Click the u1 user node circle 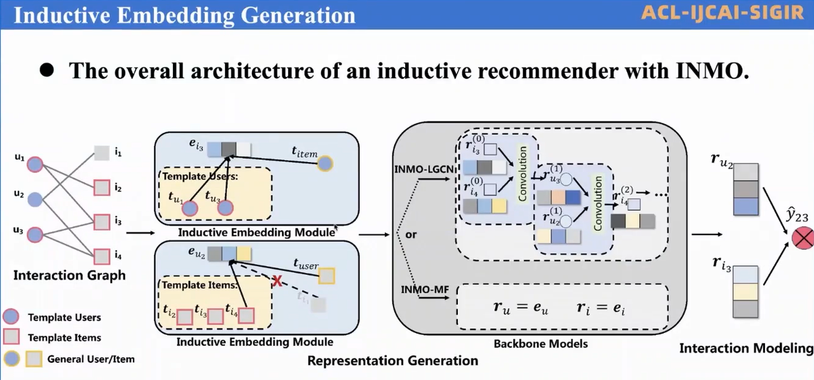pos(35,165)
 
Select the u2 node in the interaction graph pos(35,200)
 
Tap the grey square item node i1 pos(102,153)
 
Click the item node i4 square pos(102,256)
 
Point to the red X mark pos(277,281)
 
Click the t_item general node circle pos(325,164)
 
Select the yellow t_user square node pos(326,276)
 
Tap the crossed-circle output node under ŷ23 pos(803,238)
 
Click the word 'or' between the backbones pos(411,234)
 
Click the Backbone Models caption pos(541,344)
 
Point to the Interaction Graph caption pos(69,276)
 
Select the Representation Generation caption pos(392,361)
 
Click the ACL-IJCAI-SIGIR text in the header pos(722,13)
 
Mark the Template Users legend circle pos(11,317)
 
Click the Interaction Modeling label pos(746,348)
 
